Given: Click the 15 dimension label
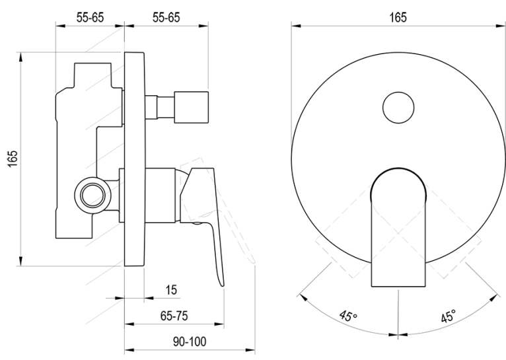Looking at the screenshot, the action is tap(171, 290).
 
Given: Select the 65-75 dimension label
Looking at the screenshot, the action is tap(174, 316).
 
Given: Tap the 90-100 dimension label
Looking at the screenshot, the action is tap(190, 342).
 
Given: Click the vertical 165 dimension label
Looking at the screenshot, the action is tap(13, 159).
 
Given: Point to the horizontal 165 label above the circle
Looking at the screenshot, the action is tap(398, 17).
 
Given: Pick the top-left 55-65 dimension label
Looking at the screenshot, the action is tap(90, 17).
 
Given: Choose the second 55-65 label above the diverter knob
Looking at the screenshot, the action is tap(166, 17).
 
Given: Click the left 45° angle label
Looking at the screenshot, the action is tap(348, 316).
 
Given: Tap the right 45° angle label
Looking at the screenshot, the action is tap(449, 316).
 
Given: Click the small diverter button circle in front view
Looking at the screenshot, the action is tap(398, 108).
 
